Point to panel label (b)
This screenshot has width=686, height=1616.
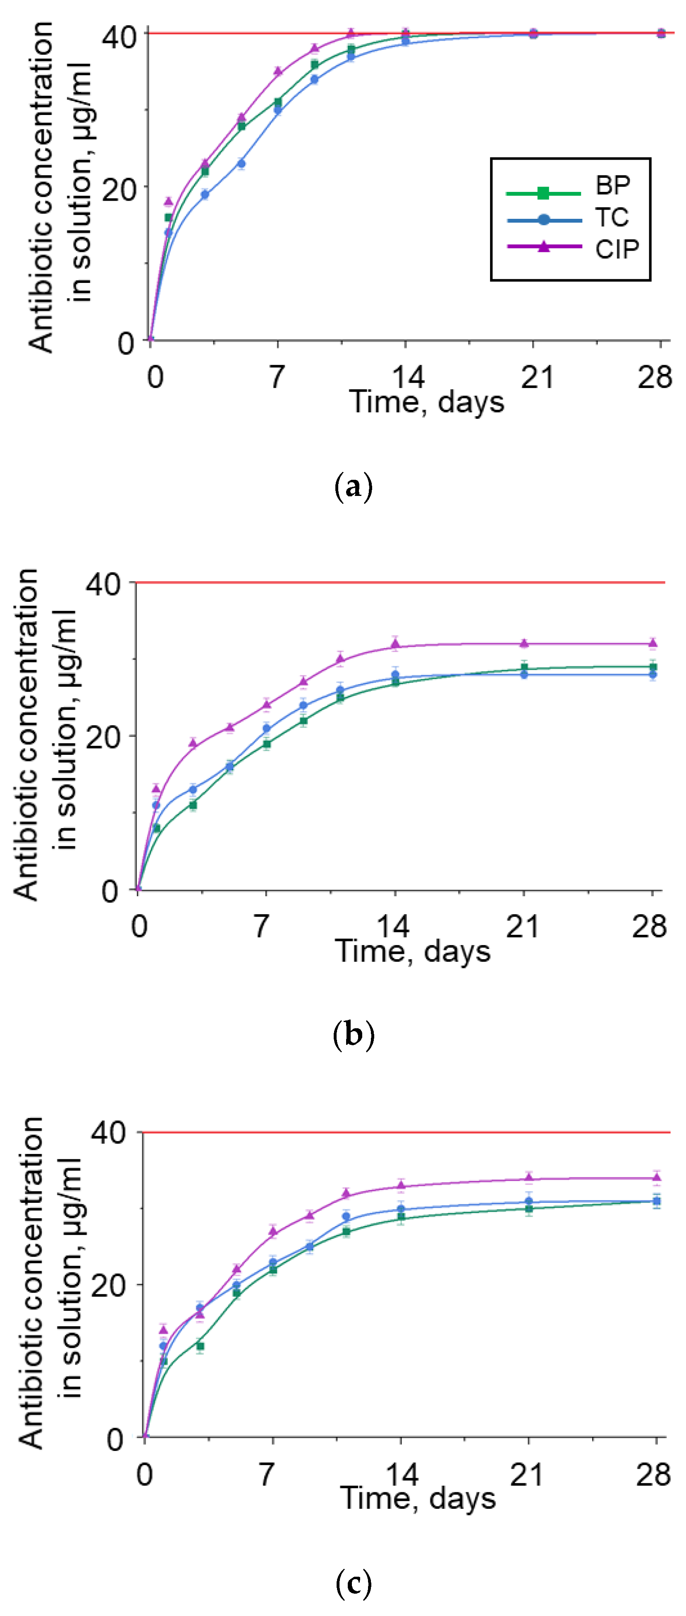354,1034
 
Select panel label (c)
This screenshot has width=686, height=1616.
354,1583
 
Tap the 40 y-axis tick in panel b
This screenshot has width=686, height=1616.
103,584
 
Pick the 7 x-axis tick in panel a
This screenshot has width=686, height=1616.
277,377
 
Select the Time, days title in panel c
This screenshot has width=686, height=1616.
418,1499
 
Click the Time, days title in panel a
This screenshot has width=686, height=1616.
426,402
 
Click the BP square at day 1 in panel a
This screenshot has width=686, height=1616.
168,218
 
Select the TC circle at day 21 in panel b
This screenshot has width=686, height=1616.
523,674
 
